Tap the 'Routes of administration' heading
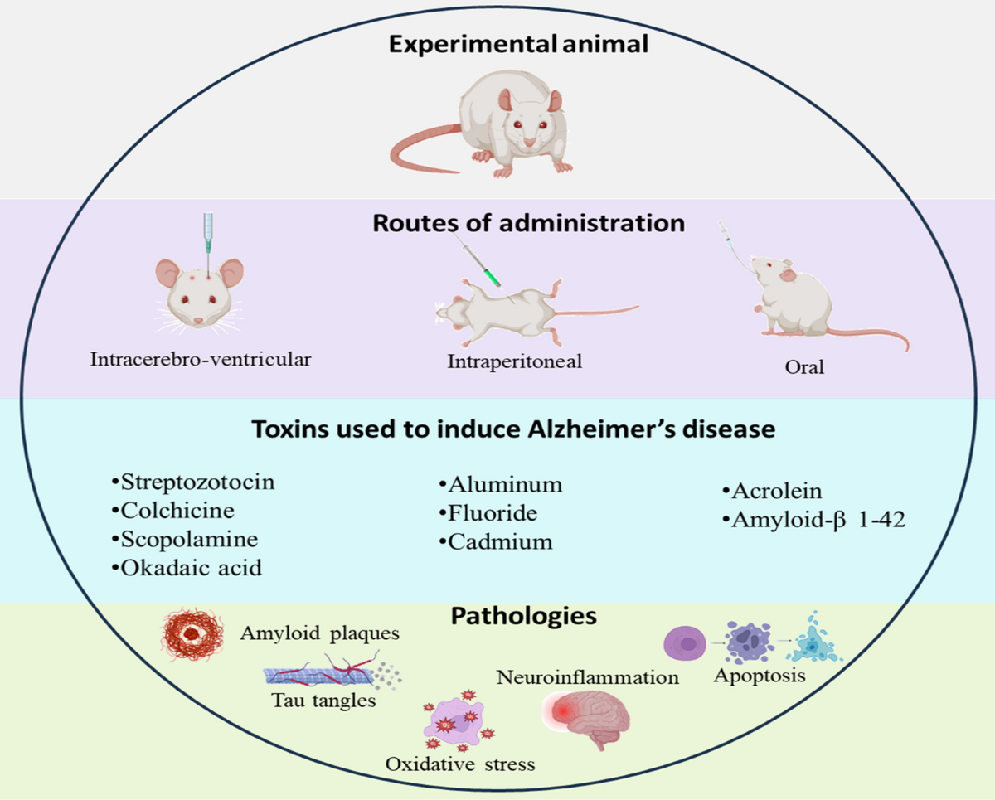coord(528,223)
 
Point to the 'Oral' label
coord(804,366)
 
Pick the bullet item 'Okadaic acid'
coord(185,568)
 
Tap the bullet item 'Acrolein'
coord(771,492)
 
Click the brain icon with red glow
coord(587,718)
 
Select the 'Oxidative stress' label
coord(460,764)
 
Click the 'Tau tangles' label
coord(324,701)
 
